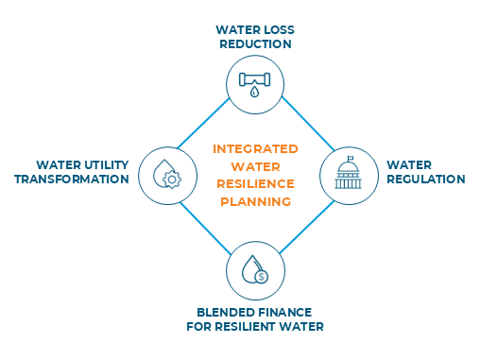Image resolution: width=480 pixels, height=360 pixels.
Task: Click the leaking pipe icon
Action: (x=254, y=84)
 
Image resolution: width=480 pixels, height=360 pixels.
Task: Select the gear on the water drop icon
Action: (x=172, y=180)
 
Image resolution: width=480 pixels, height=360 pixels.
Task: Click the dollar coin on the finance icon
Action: (x=261, y=277)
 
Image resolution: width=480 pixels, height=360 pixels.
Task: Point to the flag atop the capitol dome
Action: (x=351, y=158)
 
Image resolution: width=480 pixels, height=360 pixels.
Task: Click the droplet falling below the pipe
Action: (x=254, y=92)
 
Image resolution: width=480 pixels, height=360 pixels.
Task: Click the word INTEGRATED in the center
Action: (x=255, y=149)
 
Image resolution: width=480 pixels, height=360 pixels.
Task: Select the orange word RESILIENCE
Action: (x=255, y=184)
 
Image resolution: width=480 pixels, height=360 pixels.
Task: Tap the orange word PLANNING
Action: (x=255, y=201)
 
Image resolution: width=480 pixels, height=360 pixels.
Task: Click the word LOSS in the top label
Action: (x=279, y=30)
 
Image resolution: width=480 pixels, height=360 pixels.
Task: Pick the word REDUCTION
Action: (x=255, y=44)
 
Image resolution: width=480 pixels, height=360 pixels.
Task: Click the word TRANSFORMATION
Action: (x=72, y=180)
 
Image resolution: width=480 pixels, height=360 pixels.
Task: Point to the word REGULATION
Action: (x=426, y=180)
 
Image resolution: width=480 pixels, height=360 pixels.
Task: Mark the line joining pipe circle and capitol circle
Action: (x=308, y=124)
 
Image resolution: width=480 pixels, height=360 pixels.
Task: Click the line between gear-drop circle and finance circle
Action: (x=205, y=228)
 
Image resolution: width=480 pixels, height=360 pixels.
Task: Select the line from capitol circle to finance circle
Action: (x=307, y=227)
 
